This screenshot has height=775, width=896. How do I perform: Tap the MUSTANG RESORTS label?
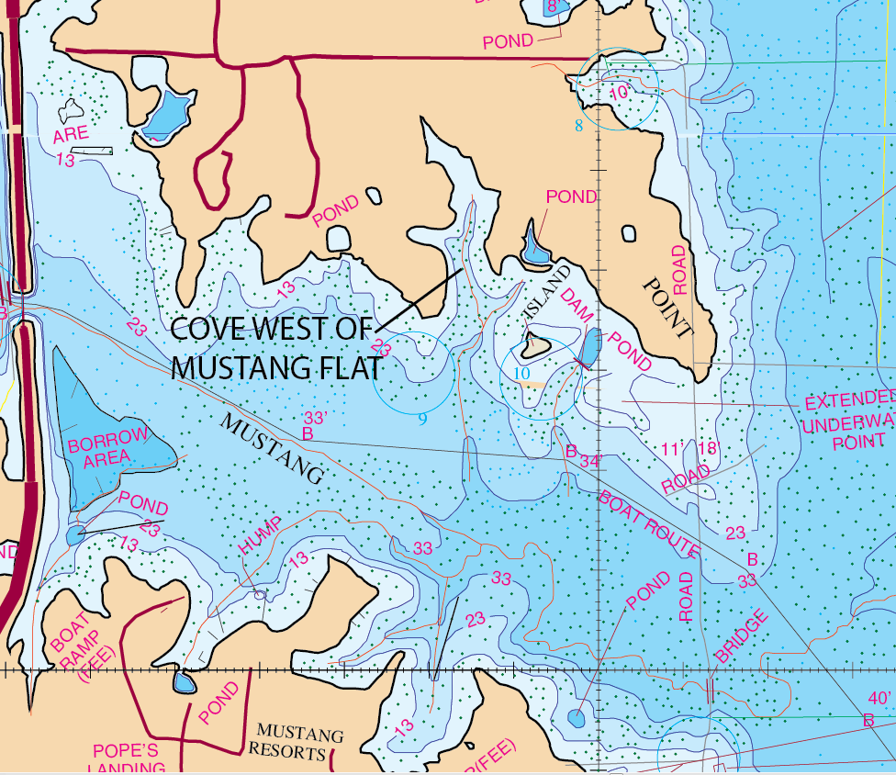(x=299, y=744)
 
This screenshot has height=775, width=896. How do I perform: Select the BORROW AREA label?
(x=107, y=447)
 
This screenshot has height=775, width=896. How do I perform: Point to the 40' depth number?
(x=879, y=699)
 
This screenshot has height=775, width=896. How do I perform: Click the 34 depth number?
(x=590, y=462)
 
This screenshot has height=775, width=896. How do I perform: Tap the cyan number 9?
(x=422, y=420)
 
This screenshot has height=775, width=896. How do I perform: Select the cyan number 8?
(x=578, y=126)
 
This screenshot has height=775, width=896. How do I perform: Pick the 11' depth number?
(x=674, y=449)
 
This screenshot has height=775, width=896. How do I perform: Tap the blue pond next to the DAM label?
(x=590, y=346)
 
